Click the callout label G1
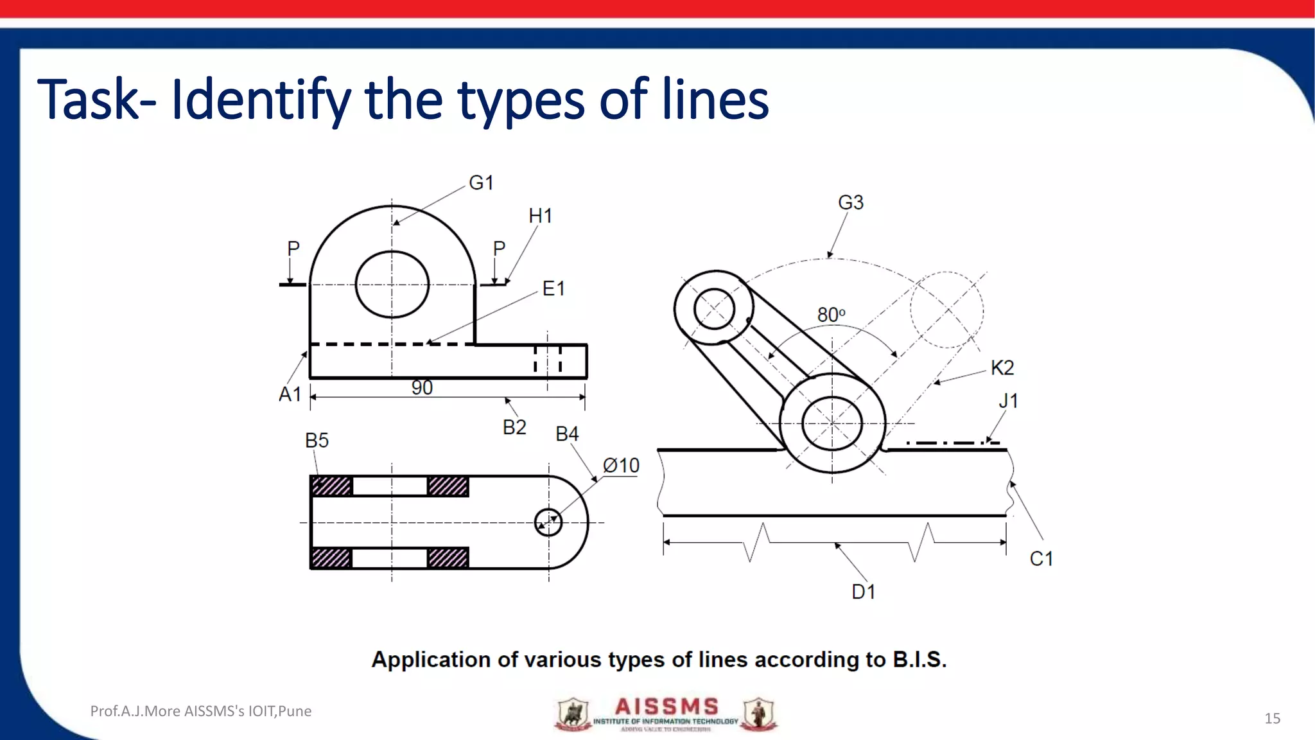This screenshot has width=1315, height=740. point(481,183)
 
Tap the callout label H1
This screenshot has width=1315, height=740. point(540,216)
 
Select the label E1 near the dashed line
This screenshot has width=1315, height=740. point(553,289)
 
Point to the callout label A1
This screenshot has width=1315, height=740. point(290,394)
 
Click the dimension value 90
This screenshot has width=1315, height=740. point(422,388)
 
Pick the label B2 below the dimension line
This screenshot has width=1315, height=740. point(514,428)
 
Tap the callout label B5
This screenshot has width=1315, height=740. point(317,441)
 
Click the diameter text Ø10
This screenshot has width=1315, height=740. point(621,466)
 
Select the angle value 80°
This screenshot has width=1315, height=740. point(831,315)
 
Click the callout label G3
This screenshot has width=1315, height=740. point(851,203)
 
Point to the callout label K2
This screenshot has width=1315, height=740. point(1002,368)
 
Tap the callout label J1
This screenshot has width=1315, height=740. point(1008,401)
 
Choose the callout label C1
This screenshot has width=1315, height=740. point(1041,559)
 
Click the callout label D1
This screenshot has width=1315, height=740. point(863,592)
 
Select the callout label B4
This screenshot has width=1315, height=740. point(567,434)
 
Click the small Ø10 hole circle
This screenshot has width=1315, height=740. point(548,522)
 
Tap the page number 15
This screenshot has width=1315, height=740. point(1272,718)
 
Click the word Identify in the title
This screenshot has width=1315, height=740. point(261,101)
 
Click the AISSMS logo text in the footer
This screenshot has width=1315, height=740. point(666,707)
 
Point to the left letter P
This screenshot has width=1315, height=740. point(293,249)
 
